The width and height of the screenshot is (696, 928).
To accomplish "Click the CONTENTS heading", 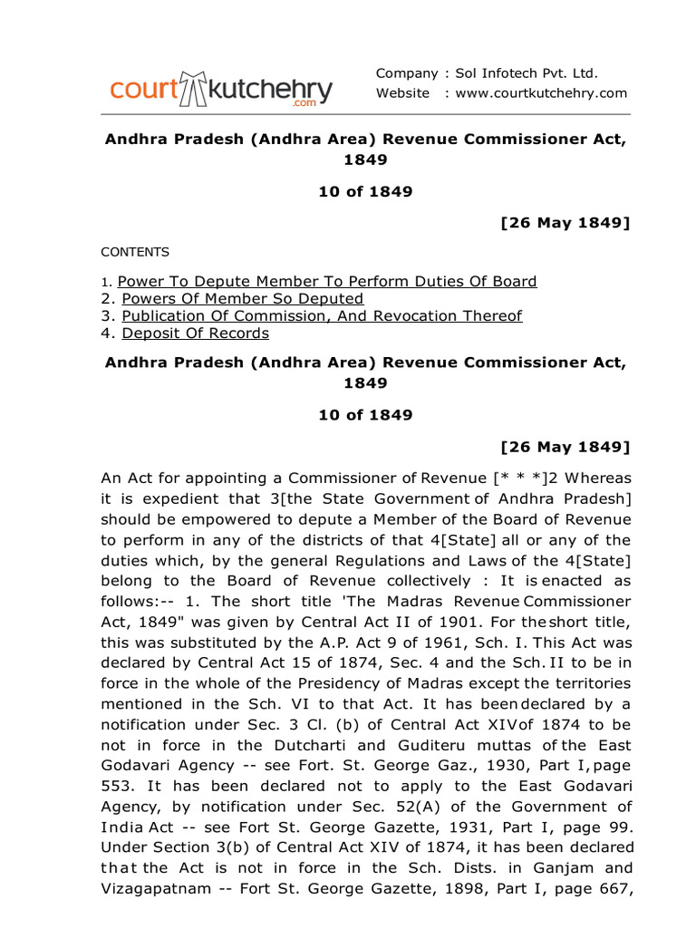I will point(134,252).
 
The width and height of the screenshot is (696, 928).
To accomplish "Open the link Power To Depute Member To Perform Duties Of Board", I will point(327,281).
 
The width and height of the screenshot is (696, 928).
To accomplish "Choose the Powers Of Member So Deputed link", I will point(242,298).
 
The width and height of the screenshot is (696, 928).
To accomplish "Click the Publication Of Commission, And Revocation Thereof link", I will point(322,315).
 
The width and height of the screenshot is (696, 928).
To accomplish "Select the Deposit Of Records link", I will point(195,333).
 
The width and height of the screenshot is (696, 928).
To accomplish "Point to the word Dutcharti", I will point(310,744).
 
